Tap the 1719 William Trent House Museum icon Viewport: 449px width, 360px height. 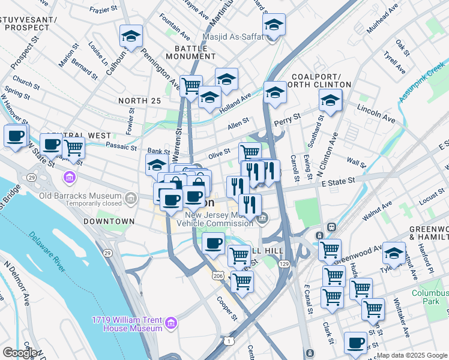(172, 324)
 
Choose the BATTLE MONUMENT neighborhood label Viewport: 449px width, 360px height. (194, 52)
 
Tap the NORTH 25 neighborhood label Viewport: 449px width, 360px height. (139, 101)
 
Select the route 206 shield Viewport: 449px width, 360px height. (218, 275)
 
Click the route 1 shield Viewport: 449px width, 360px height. (229, 341)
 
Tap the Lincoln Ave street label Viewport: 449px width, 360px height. (376, 113)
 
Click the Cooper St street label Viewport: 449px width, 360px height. (228, 308)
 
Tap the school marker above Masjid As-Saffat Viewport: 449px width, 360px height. (274, 25)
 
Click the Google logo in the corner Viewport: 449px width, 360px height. (19, 353)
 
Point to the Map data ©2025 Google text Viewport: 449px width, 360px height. (412, 355)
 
